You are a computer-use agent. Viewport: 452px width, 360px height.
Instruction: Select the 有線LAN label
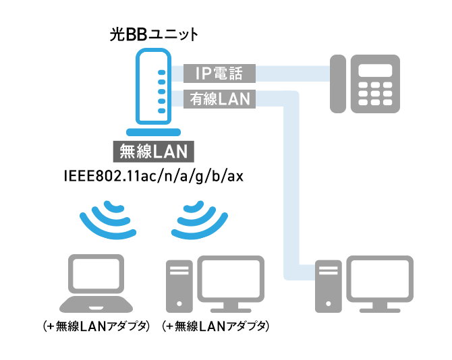click(220, 98)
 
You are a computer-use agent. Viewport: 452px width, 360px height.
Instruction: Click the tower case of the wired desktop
click(330, 286)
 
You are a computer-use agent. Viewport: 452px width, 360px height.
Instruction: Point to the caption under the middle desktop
click(216, 327)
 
